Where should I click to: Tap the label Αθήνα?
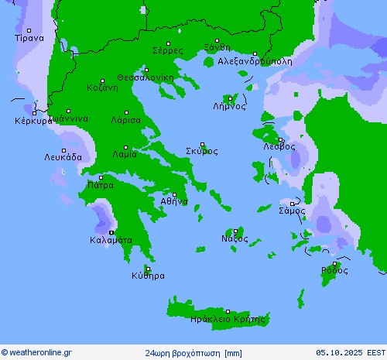pyautogui.click(x=174, y=201)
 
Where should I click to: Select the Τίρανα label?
pyautogui.click(x=29, y=37)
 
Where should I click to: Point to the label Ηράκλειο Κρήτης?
pyautogui.click(x=232, y=318)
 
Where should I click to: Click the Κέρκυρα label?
pyautogui.click(x=33, y=121)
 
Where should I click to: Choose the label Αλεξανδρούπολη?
pyautogui.click(x=255, y=60)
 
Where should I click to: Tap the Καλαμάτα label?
pyautogui.click(x=111, y=240)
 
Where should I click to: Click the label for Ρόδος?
pyautogui.click(x=334, y=270)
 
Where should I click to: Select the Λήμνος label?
pyautogui.click(x=229, y=107)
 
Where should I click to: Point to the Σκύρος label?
pyautogui.click(x=201, y=151)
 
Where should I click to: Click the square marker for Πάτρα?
pyautogui.click(x=100, y=177)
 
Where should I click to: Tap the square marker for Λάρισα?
pyautogui.click(x=124, y=112)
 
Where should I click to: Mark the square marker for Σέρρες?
pyautogui.click(x=168, y=43)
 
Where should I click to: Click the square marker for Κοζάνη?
pyautogui.click(x=101, y=80)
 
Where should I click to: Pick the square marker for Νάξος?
pyautogui.click(x=236, y=231)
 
